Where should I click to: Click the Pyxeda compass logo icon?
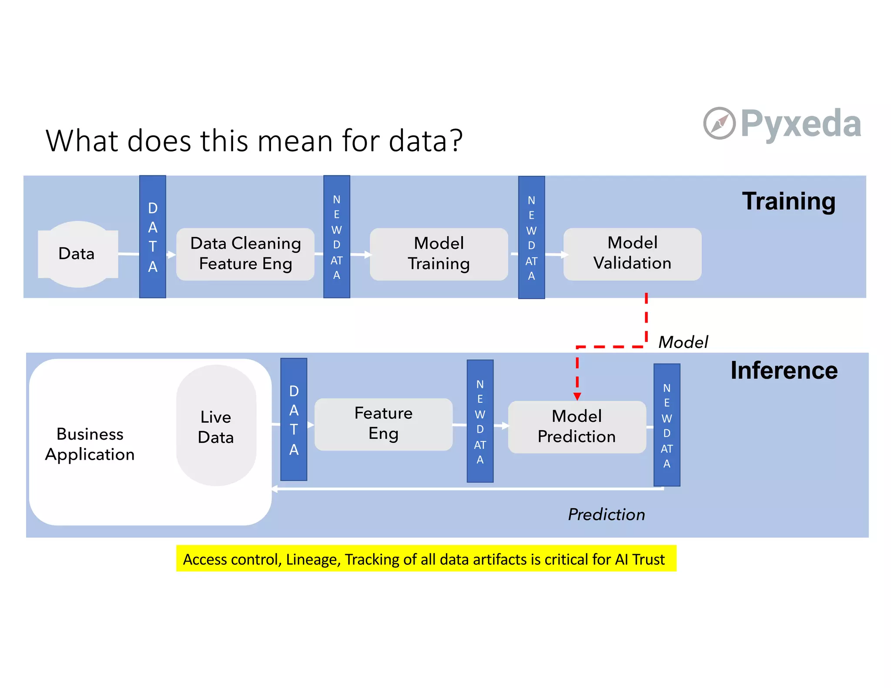719,124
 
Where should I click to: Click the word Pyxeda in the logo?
801,124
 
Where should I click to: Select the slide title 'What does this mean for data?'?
254,140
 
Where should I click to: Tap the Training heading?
788,201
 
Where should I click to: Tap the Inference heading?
784,371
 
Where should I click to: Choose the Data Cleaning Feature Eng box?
245,254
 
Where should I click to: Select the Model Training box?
439,254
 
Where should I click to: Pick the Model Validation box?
632,254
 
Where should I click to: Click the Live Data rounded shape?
216,426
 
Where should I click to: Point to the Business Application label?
90,444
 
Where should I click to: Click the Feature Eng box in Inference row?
383,424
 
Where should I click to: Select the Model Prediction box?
577,427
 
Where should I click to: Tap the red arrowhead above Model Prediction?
577,396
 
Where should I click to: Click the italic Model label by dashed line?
683,342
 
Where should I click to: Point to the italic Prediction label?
606,514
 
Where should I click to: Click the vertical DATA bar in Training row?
153,237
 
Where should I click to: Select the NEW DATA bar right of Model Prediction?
667,425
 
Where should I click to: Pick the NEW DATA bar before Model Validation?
531,237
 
